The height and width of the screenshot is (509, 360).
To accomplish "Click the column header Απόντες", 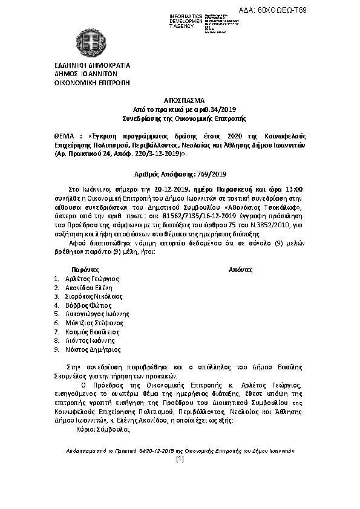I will pyautogui.click(x=240, y=269).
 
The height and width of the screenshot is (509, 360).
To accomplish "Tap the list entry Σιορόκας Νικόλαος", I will pyautogui.click(x=94, y=297).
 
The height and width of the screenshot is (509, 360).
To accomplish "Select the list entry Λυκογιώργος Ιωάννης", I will pyautogui.click(x=98, y=314).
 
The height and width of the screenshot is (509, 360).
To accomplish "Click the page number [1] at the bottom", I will pyautogui.click(x=180, y=459).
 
